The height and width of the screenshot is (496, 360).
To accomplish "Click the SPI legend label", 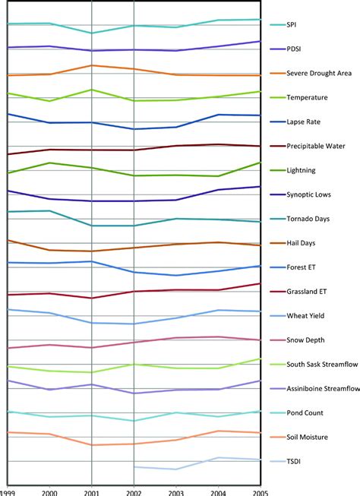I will pos(292,25).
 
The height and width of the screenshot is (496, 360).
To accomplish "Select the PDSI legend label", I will pos(294,49).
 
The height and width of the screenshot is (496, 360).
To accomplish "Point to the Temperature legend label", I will pos(308,98).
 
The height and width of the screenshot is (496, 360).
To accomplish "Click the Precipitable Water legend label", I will pos(316,147).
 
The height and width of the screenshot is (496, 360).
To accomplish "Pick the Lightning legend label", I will pos(302,171).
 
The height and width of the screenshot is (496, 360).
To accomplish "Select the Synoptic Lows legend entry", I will pos(310,195).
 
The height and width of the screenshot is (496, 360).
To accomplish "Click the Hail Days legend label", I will pos(302,243).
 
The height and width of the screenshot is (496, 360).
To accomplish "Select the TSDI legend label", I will pos(294,461).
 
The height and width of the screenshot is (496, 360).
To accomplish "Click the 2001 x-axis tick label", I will pos(92,491).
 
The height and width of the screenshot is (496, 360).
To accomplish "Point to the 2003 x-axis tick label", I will pos(176,491).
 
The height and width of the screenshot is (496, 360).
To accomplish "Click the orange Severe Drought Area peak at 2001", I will pos(92,65).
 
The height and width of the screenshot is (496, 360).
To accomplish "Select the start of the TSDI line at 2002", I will pos(134,467).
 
